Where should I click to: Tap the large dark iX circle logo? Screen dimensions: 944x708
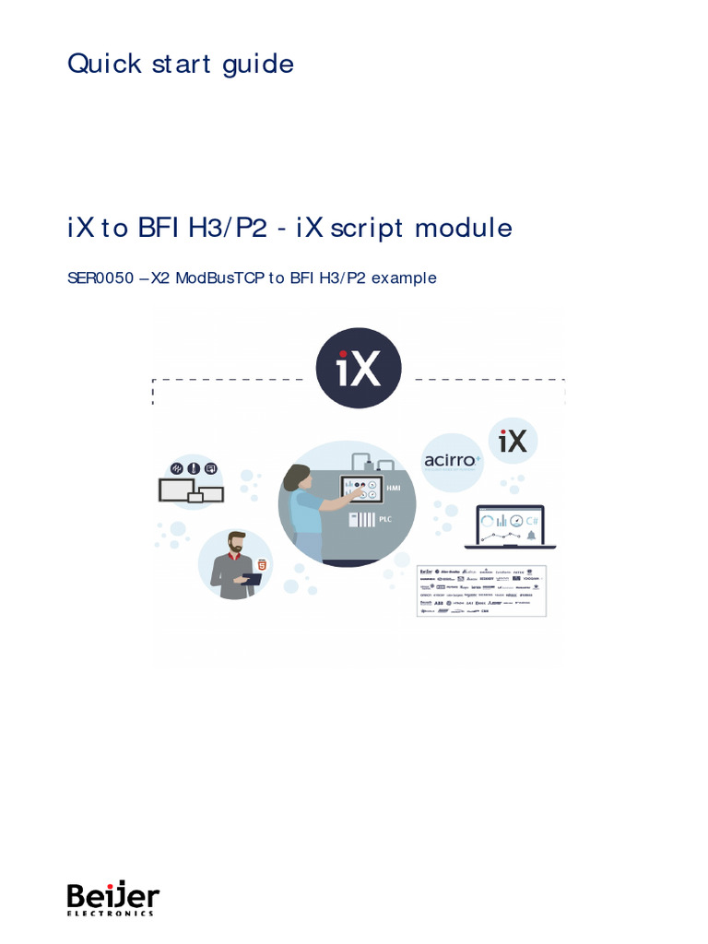[359, 368]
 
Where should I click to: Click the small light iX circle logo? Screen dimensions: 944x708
[513, 442]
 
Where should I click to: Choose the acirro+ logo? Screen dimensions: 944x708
[453, 460]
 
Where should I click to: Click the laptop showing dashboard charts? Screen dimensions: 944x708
[510, 529]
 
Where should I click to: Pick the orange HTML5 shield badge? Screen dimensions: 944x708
[263, 563]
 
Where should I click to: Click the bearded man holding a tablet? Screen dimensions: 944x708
[235, 564]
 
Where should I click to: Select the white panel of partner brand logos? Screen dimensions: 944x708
[482, 589]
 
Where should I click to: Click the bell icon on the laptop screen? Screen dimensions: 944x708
[531, 535]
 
